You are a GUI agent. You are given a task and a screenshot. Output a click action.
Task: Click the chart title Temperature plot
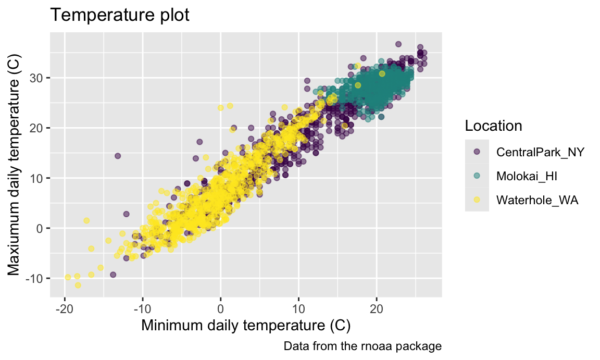click(119, 16)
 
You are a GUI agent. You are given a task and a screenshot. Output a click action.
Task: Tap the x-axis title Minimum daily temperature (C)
click(246, 326)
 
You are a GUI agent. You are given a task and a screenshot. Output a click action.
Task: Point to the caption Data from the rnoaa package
click(362, 346)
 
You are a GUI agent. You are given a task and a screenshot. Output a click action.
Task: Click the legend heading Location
click(493, 126)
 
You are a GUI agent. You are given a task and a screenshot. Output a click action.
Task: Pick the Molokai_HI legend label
click(527, 176)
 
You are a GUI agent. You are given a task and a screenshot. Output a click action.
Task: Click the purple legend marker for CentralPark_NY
click(477, 152)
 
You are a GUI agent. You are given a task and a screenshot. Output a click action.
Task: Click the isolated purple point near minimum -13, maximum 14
click(118, 156)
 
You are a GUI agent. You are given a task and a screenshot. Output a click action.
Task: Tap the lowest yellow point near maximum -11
click(78, 285)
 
